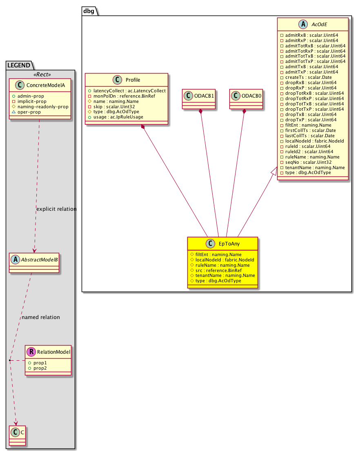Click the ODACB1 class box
point(199,99)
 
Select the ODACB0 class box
point(246,99)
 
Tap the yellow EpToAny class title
point(229,244)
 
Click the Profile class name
point(133,80)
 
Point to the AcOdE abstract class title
point(319,25)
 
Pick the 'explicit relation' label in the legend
point(56,209)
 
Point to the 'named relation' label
point(41,317)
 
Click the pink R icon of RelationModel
point(31,352)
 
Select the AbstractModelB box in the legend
point(34,263)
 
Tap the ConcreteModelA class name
point(46,85)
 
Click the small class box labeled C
point(17,435)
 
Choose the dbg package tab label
point(89,11)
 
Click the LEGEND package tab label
point(19,65)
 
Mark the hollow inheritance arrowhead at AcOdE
point(275,171)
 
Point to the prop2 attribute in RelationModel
point(40,368)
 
